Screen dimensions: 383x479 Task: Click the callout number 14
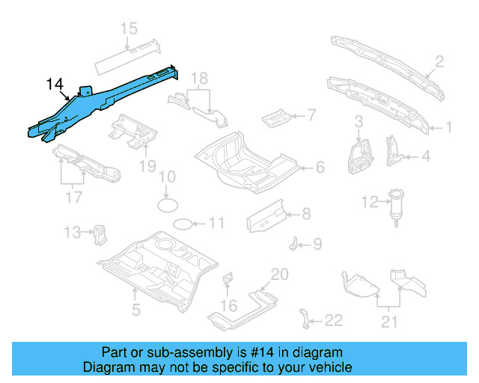[x=55, y=84]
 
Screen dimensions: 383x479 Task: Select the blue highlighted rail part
[x=105, y=101]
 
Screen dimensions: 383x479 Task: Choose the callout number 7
[x=312, y=115]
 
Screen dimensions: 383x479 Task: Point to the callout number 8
[x=306, y=215]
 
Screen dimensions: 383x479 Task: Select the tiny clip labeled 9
[x=296, y=243]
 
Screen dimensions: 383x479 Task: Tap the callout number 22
[x=333, y=321]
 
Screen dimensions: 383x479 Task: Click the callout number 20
[x=278, y=275]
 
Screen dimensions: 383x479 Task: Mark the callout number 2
[x=439, y=61]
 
